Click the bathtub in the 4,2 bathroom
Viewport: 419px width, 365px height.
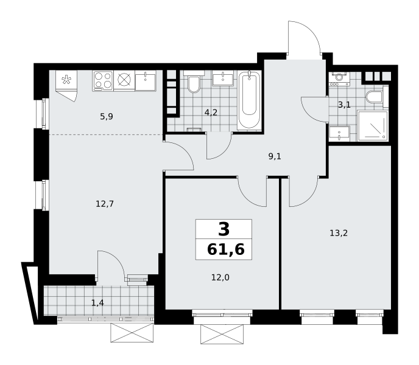[x=249, y=100]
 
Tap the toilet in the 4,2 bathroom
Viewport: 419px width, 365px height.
[x=194, y=82]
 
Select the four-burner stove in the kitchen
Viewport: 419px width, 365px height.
[x=103, y=81]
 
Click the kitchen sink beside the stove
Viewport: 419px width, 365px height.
[x=146, y=81]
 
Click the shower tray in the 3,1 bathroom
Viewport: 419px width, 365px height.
[x=372, y=126]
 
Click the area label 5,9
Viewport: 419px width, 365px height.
[x=107, y=116]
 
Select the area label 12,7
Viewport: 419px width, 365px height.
[x=105, y=204]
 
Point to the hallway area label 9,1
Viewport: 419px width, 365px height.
[x=275, y=156]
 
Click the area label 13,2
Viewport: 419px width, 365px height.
[x=339, y=234]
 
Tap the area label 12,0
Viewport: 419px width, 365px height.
[x=220, y=277]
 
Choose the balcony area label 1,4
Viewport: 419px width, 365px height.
[x=97, y=303]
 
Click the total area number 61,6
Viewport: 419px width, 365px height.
[x=226, y=250]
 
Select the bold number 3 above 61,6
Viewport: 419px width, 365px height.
[x=224, y=229]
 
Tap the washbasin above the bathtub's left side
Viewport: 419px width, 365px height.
[x=223, y=78]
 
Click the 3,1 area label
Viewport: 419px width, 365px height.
[x=344, y=105]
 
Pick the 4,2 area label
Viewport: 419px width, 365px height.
[x=211, y=113]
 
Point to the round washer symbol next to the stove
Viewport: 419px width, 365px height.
[x=124, y=81]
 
